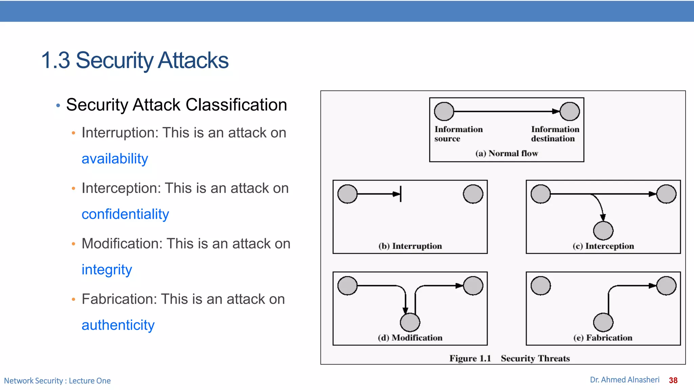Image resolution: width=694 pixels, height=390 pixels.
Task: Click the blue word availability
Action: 115,159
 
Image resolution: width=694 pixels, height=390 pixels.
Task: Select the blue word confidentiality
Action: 125,214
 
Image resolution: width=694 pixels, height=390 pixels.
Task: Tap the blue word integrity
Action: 107,270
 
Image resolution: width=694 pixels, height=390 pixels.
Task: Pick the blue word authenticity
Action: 118,325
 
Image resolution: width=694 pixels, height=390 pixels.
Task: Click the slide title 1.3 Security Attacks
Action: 135,60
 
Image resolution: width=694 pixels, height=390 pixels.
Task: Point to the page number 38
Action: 673,380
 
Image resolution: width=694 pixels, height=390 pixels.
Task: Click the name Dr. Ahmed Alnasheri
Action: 625,380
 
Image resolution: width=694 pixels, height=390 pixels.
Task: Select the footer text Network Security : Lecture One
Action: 57,381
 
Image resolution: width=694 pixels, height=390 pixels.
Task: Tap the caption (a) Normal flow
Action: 507,153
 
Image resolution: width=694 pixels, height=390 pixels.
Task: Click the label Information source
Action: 458,134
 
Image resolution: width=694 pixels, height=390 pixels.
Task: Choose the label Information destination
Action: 555,134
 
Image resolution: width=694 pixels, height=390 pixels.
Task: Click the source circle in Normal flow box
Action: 444,111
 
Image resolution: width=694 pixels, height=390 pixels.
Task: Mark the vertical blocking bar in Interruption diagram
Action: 401,194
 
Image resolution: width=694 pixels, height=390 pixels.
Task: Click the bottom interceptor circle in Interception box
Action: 603,231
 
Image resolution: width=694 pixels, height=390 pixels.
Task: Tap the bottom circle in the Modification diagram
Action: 410,322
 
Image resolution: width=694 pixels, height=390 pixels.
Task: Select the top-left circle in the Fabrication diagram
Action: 541,286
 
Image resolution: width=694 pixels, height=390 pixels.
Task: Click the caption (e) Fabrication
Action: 603,338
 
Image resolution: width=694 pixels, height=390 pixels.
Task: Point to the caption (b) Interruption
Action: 410,246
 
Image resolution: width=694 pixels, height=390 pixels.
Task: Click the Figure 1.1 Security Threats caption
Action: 509,358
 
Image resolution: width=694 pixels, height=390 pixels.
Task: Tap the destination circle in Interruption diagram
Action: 473,194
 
